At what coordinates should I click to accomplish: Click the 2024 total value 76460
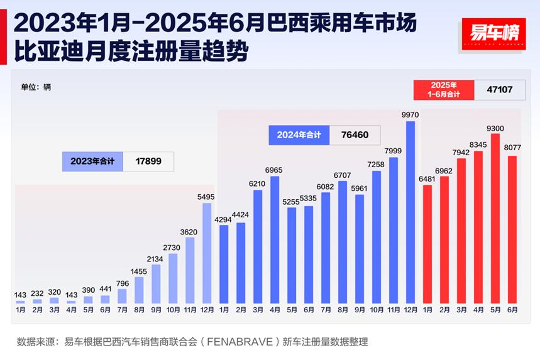tap(355, 135)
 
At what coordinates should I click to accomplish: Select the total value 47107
tap(500, 90)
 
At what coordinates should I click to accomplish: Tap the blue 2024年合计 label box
tap(299, 135)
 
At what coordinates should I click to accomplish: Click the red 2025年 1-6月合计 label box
tap(444, 90)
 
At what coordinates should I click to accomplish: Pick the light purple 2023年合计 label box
tap(93, 161)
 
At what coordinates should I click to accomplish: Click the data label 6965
tap(275, 170)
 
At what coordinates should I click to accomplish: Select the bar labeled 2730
tap(173, 278)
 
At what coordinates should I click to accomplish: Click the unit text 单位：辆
tap(36, 87)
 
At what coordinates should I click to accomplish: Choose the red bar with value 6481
tap(427, 244)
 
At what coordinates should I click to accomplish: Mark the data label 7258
tap(377, 164)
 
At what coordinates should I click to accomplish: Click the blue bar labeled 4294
tap(224, 264)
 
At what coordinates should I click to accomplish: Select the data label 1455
tap(139, 271)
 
